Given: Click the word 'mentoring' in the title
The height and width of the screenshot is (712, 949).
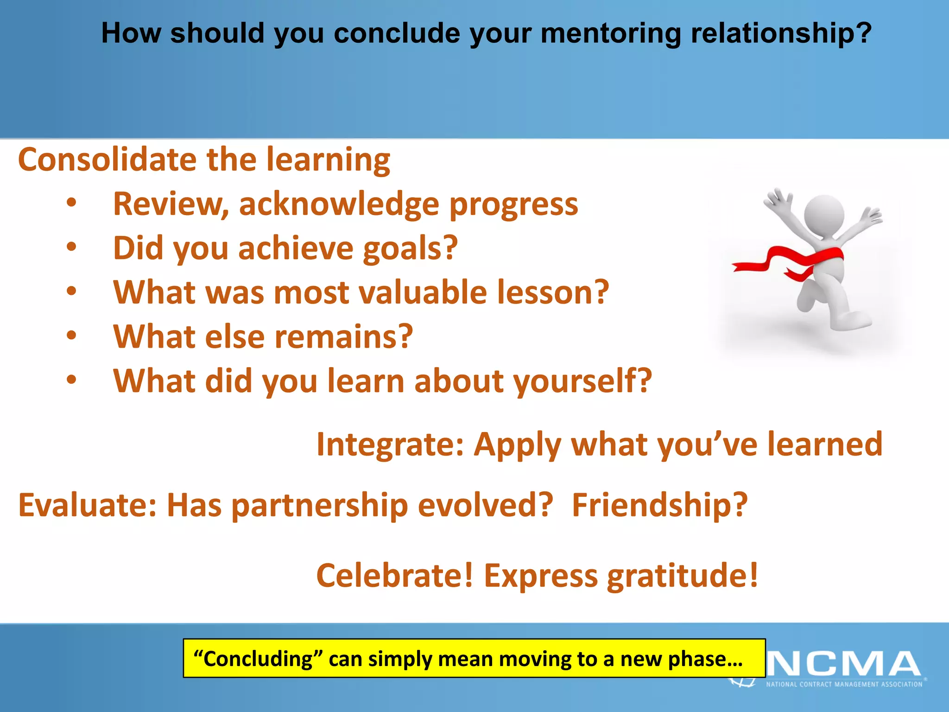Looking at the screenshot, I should pyautogui.click(x=610, y=34).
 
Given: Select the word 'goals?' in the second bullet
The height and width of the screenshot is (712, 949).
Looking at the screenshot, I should pyautogui.click(x=410, y=248).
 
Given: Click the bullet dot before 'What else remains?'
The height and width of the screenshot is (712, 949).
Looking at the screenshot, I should pyautogui.click(x=71, y=336).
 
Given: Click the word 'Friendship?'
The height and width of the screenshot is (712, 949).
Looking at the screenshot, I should pyautogui.click(x=660, y=505).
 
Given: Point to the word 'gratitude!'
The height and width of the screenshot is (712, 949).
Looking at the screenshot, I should pyautogui.click(x=683, y=576).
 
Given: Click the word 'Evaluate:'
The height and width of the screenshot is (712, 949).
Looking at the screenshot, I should pyautogui.click(x=88, y=505).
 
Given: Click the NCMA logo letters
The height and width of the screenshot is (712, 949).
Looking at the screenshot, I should pyautogui.click(x=843, y=664).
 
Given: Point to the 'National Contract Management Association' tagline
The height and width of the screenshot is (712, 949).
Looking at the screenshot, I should pyautogui.click(x=844, y=684).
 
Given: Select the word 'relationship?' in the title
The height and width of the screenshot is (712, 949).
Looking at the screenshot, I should pyautogui.click(x=781, y=34).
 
